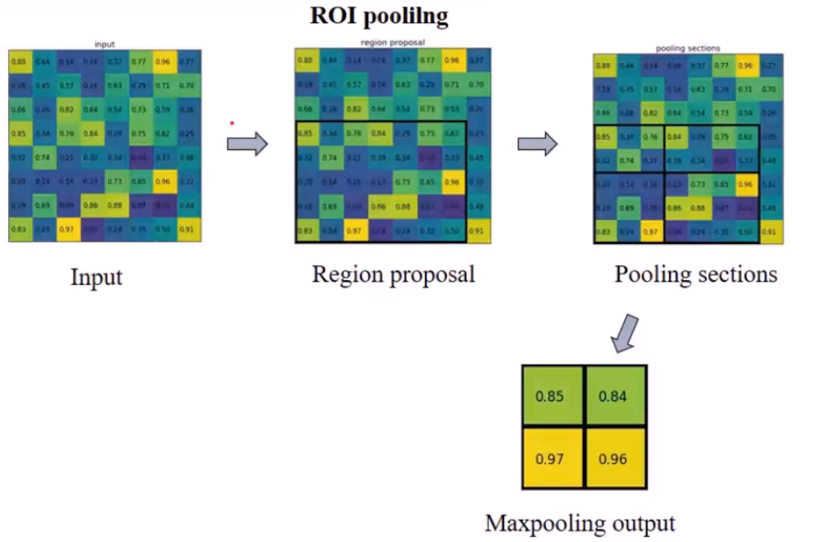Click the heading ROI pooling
click(x=378, y=15)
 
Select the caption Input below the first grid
click(x=96, y=277)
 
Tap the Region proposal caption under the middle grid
click(x=393, y=273)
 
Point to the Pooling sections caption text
click(x=696, y=273)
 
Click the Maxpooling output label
click(x=580, y=522)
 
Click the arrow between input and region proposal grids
click(x=247, y=144)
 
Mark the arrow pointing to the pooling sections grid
click(x=537, y=144)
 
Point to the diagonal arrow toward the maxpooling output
click(x=625, y=332)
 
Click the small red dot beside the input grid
click(x=232, y=124)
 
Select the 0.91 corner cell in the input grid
click(x=189, y=230)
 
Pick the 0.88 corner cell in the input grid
click(x=18, y=61)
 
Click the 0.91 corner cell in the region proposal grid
click(x=478, y=231)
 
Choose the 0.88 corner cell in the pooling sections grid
click(x=604, y=65)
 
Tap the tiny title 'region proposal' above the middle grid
click(x=393, y=42)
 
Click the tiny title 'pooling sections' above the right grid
click(x=688, y=48)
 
